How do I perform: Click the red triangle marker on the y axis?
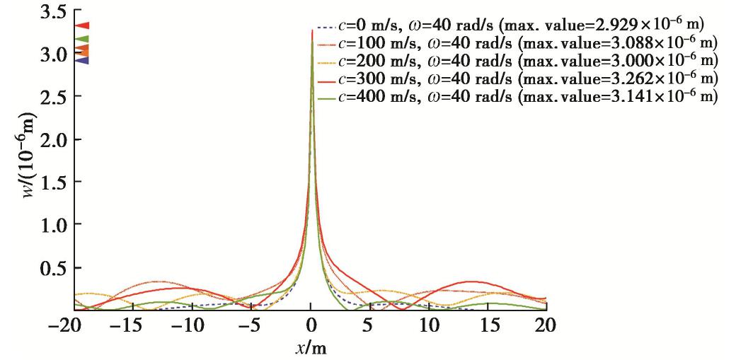point(82,25)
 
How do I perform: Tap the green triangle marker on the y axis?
point(82,39)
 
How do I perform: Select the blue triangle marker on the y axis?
point(82,60)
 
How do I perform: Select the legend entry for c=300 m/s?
point(521,76)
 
